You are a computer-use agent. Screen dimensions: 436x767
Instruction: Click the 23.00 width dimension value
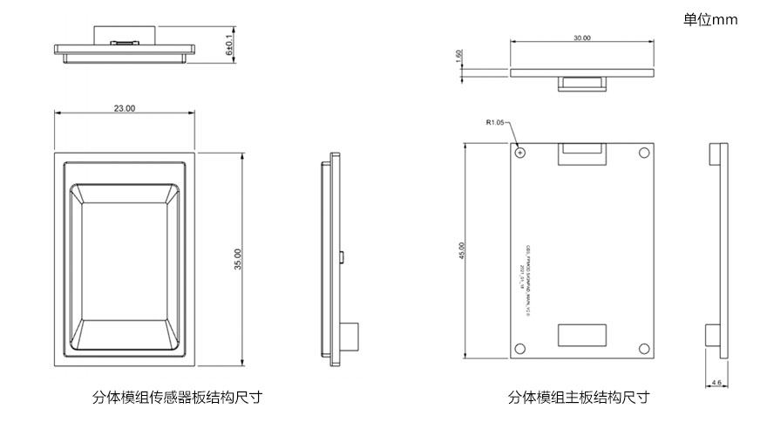[x=125, y=108]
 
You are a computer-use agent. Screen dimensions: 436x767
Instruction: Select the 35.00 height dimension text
[x=237, y=259]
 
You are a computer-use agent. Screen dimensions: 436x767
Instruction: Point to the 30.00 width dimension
[x=581, y=38]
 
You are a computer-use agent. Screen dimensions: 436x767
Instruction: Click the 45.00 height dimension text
[x=462, y=250]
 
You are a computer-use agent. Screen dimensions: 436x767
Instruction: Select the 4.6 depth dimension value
[x=716, y=382]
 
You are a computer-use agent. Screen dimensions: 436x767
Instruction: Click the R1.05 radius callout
[x=495, y=123]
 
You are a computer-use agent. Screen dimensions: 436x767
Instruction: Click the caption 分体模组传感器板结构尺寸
[x=177, y=398]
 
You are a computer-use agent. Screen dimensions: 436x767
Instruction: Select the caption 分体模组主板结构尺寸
[x=578, y=398]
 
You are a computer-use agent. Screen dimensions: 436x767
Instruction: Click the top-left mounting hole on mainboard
[x=520, y=152]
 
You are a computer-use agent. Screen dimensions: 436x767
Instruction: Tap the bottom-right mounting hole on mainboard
[x=644, y=349]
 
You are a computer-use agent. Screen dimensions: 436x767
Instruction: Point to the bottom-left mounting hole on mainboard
[x=520, y=349]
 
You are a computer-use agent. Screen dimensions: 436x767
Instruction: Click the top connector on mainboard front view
[x=581, y=153]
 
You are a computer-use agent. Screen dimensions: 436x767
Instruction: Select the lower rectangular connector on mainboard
[x=582, y=337]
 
